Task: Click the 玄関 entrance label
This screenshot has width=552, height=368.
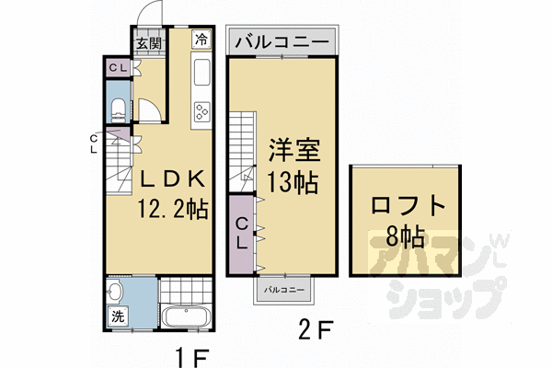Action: coord(150,41)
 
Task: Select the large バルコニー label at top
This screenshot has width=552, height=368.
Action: coord(282,41)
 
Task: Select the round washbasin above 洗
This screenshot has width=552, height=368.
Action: coord(115,293)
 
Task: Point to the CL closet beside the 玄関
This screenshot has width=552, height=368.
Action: coord(117,67)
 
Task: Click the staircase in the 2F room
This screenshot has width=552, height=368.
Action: coord(242,147)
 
